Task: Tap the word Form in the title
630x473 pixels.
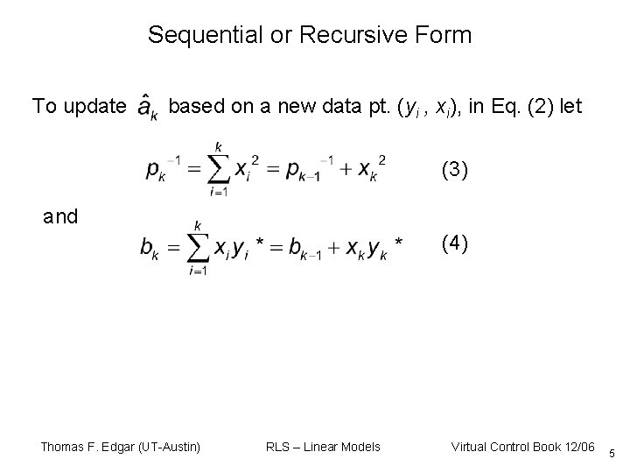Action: coord(446,36)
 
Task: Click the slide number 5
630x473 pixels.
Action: coord(612,453)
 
